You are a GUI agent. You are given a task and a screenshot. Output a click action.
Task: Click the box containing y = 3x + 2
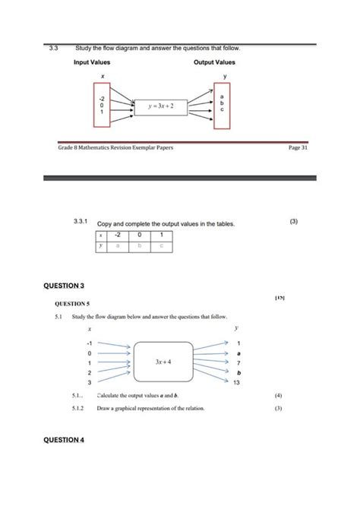[x=160, y=106]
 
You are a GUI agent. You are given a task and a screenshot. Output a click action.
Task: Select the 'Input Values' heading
[x=92, y=62]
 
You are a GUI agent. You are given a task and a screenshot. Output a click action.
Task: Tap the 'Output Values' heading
[x=214, y=62]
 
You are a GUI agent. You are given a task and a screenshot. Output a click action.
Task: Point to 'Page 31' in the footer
[x=298, y=147]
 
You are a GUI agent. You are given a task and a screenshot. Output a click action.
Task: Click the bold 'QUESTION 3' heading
[x=64, y=286]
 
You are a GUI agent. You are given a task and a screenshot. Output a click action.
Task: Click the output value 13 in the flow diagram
[x=238, y=382]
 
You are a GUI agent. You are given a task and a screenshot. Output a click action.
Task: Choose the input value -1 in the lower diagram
[x=90, y=343]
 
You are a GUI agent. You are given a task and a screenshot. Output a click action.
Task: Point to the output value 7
[x=238, y=363]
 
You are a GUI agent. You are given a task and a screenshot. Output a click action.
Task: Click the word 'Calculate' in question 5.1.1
[x=111, y=396]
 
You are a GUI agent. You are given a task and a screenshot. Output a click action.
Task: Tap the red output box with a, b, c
[x=222, y=104]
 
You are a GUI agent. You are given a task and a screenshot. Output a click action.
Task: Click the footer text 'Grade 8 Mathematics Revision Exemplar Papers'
[x=115, y=147]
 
